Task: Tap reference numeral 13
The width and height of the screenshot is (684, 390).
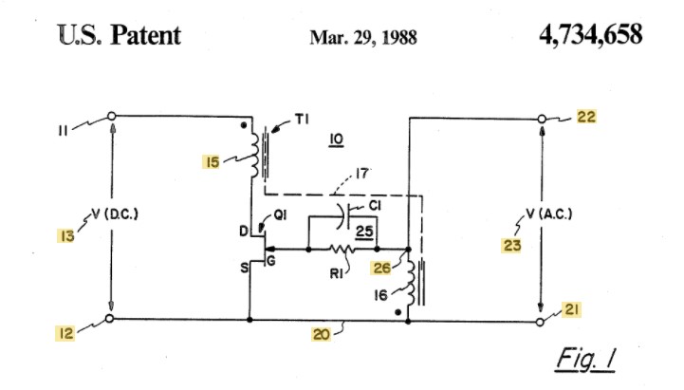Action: pyautogui.click(x=65, y=234)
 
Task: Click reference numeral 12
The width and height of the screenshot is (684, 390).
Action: pyautogui.click(x=64, y=332)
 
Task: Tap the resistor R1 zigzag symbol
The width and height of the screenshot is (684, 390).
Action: pyautogui.click(x=344, y=251)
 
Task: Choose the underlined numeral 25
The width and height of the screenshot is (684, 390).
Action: pyautogui.click(x=361, y=231)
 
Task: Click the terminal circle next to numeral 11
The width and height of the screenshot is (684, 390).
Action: pyautogui.click(x=111, y=116)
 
